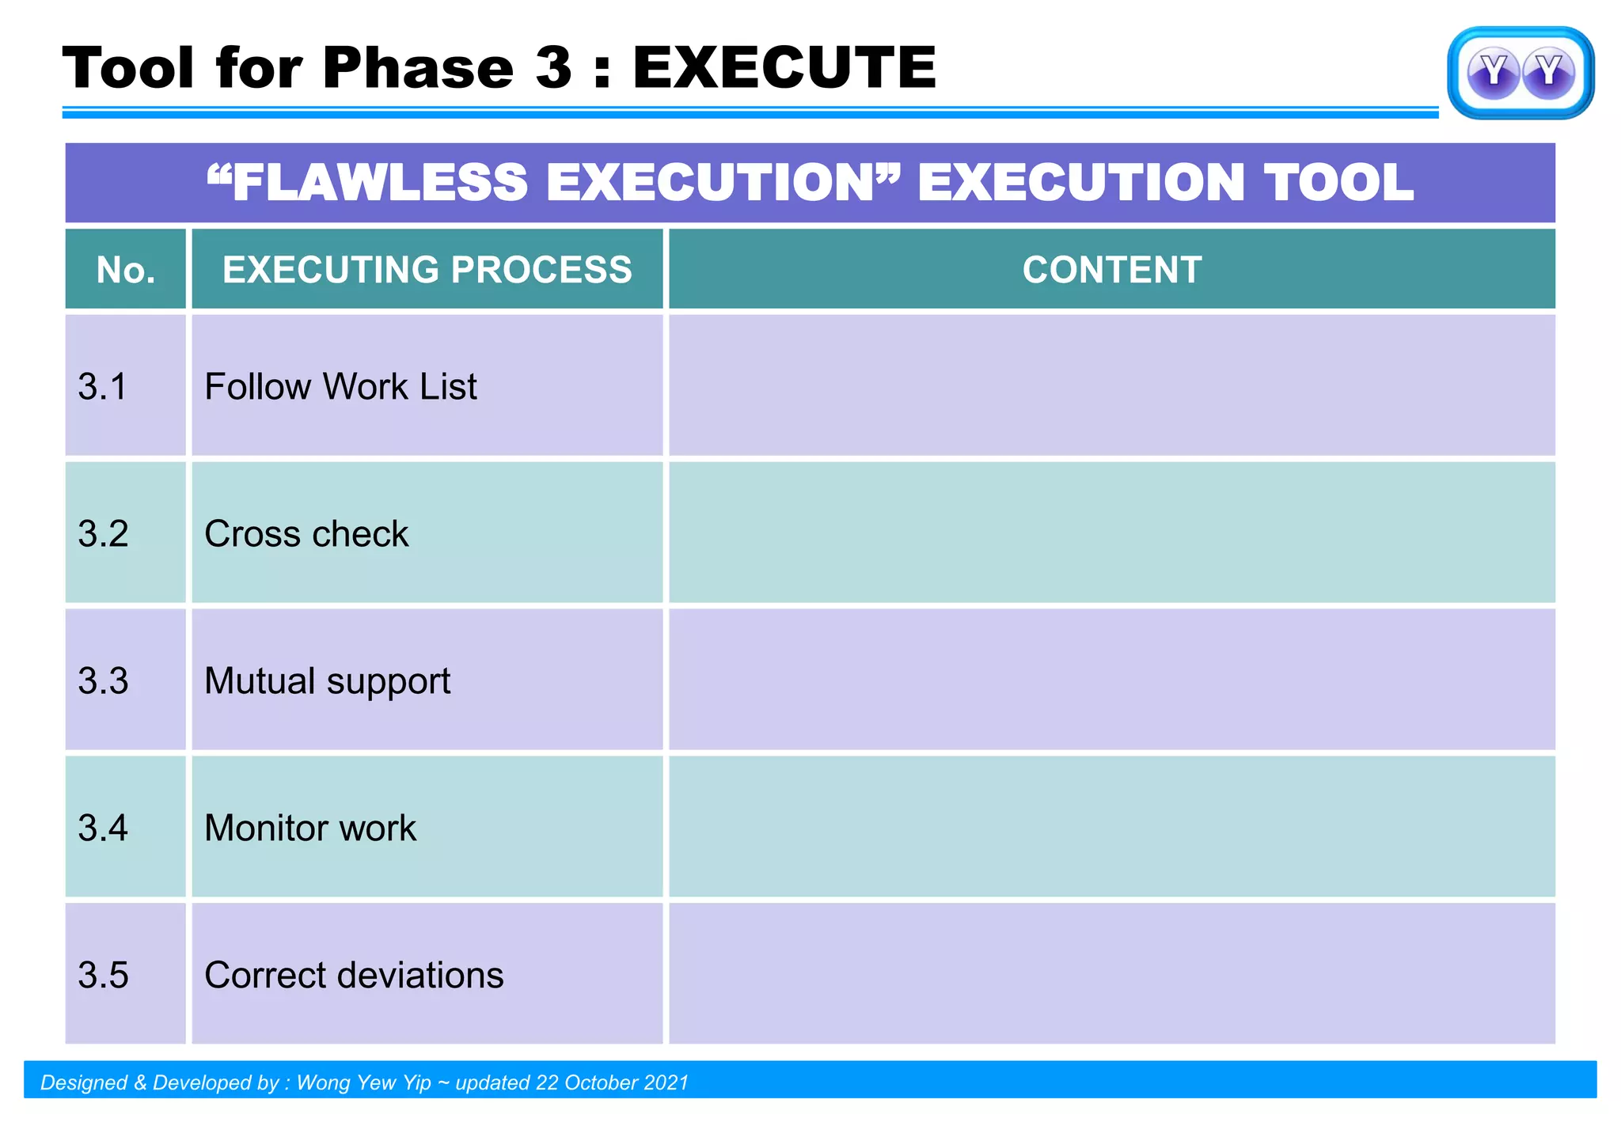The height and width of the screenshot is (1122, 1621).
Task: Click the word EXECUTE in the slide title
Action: [x=784, y=68]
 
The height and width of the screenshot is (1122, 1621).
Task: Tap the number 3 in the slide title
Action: [x=553, y=68]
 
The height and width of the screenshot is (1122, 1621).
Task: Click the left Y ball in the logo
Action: [x=1493, y=73]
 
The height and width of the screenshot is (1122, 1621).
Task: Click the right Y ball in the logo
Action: [x=1548, y=73]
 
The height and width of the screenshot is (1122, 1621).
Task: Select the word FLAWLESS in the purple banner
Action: [x=380, y=183]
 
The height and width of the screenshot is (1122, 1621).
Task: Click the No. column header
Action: [x=126, y=271]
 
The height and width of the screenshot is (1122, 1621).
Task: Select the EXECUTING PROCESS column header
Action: [x=427, y=270]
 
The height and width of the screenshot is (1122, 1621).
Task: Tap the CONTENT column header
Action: [x=1111, y=270]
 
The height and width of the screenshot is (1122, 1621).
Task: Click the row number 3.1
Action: [x=103, y=387]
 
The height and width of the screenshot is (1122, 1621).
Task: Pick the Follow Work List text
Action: [x=340, y=387]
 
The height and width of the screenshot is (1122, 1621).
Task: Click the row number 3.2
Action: [x=103, y=534]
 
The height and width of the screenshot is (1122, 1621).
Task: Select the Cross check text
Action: [x=306, y=534]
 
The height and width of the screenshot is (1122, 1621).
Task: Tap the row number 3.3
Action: [x=103, y=681]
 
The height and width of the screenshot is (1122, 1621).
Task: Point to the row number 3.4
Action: [x=103, y=828]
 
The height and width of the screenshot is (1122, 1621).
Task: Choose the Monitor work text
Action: [x=309, y=828]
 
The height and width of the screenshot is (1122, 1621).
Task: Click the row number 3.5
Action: [x=103, y=976]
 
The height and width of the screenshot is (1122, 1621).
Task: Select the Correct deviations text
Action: [x=354, y=976]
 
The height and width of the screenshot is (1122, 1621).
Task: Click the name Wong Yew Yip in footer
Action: [x=363, y=1082]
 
